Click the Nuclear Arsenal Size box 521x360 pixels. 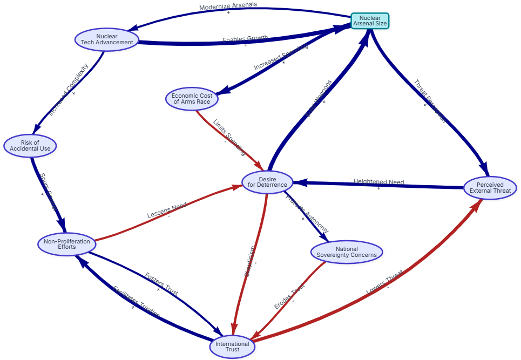370,21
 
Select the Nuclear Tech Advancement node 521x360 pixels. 107,39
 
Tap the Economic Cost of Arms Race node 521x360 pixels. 192,98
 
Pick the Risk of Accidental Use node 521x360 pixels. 30,145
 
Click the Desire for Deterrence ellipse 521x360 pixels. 267,182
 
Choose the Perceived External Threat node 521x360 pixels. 490,188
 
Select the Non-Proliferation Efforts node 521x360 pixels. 67,244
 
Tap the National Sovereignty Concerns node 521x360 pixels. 347,252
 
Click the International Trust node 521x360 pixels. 232,347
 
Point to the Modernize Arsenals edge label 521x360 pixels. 228,6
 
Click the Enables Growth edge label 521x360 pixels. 245,39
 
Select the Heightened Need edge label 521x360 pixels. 378,182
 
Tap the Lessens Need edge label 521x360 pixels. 167,209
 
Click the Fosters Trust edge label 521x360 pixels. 161,283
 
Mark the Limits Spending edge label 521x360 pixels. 229,137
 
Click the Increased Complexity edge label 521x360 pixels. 68,90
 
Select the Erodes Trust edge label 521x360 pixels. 289,296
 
